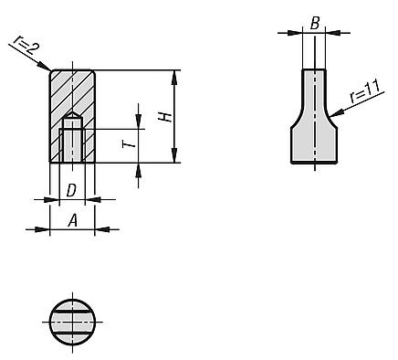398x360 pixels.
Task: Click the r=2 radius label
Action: click(x=25, y=45)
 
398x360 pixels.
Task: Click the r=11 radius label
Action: click(x=364, y=91)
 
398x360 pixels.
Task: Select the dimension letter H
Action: click(x=166, y=117)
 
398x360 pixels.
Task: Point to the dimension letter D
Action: click(x=71, y=191)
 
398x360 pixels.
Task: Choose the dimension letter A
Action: click(x=72, y=221)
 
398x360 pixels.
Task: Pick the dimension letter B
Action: click(x=315, y=24)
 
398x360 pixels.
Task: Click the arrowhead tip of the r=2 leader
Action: click(x=50, y=70)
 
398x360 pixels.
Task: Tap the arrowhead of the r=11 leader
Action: click(x=330, y=116)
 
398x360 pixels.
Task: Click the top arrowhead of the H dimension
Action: click(x=174, y=70)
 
